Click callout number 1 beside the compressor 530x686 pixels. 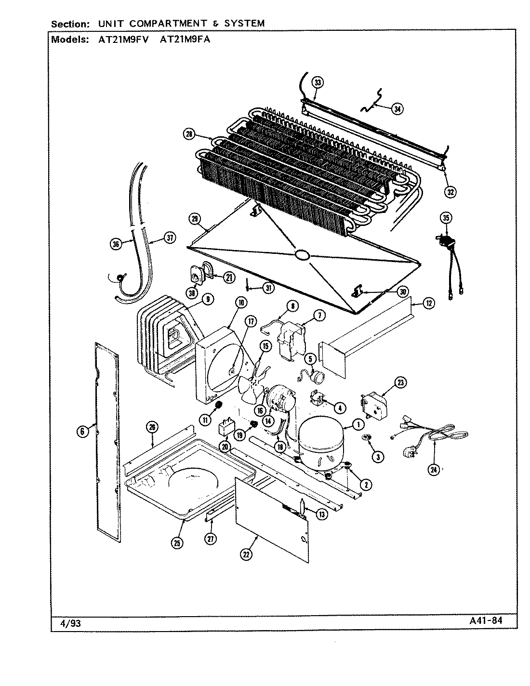click(358, 424)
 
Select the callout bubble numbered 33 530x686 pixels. click(318, 83)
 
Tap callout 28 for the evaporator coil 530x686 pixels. click(189, 134)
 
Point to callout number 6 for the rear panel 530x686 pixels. click(82, 432)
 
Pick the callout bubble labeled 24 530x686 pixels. click(435, 471)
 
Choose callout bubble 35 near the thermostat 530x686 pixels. click(446, 218)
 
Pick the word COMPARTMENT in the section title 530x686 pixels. click(157, 23)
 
